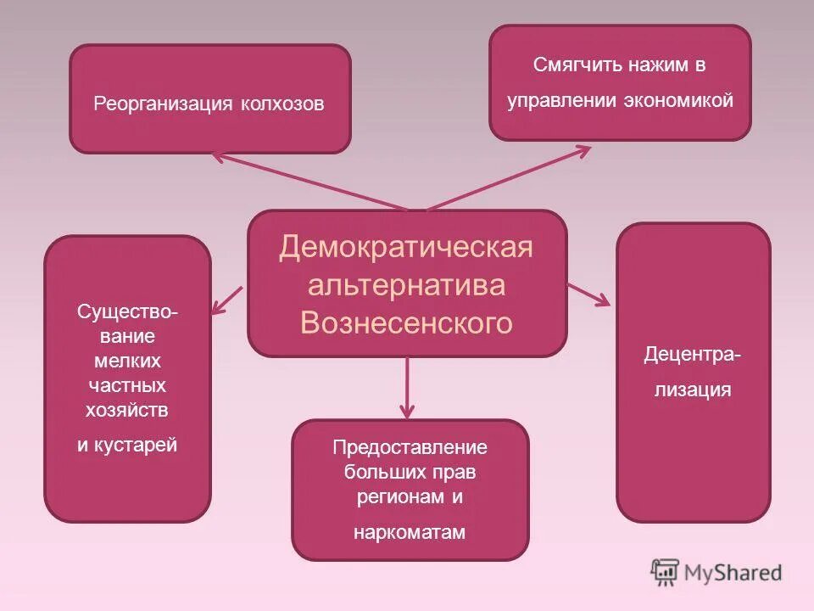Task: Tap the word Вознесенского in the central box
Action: [x=407, y=323]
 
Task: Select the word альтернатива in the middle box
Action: [x=406, y=285]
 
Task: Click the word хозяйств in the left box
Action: [x=127, y=409]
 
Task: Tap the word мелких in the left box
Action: [x=127, y=361]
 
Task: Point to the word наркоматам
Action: [x=410, y=532]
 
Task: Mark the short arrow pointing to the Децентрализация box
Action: [x=590, y=294]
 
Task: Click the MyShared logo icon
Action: [x=666, y=572]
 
